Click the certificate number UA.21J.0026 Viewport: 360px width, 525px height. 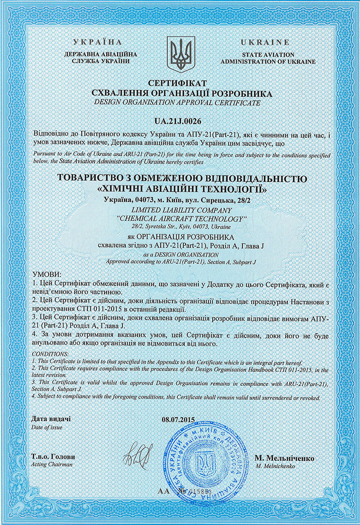click(x=180, y=121)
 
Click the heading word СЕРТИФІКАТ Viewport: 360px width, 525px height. click(x=180, y=83)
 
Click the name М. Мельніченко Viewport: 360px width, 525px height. click(x=284, y=458)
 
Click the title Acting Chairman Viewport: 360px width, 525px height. click(x=52, y=465)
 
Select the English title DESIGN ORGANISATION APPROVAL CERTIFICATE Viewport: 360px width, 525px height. click(x=180, y=102)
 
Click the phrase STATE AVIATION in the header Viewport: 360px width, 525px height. click(x=268, y=55)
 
